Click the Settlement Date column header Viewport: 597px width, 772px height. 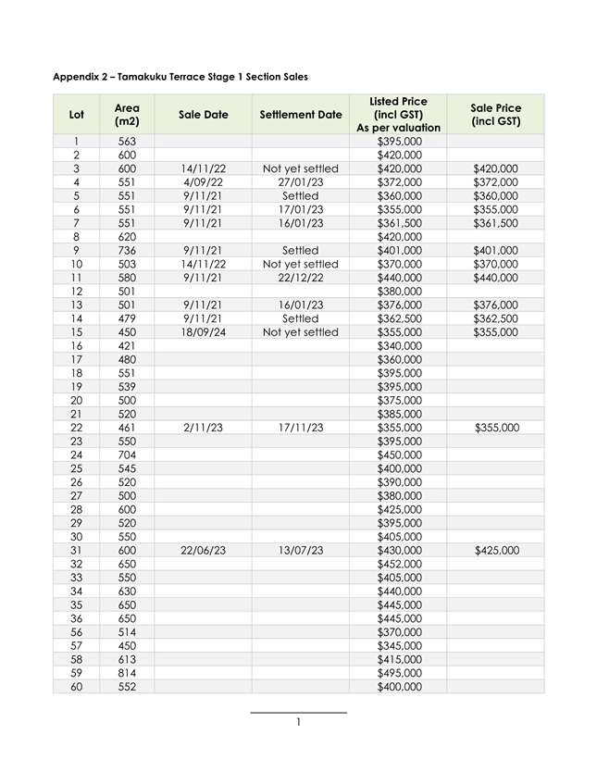301,115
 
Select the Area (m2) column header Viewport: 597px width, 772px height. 127,115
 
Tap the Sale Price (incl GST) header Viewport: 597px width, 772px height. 495,115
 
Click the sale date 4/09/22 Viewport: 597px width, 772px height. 203,182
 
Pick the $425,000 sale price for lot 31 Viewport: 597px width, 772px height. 495,550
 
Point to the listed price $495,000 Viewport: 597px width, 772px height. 399,673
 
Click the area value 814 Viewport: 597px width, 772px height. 127,673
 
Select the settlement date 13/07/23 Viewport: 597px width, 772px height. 301,550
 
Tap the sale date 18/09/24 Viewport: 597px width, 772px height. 203,332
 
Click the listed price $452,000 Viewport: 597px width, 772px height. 399,564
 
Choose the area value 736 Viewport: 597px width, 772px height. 127,250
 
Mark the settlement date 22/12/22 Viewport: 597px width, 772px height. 301,278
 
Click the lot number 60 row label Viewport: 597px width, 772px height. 76,687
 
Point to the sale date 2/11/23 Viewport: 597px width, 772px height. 203,428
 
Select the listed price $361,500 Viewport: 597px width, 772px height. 399,223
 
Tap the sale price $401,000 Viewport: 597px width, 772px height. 495,250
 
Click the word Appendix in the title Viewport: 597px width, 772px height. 78,76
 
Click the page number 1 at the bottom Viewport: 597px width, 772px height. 299,722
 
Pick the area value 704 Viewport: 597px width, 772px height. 127,454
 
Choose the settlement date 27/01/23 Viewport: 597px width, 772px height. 301,182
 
